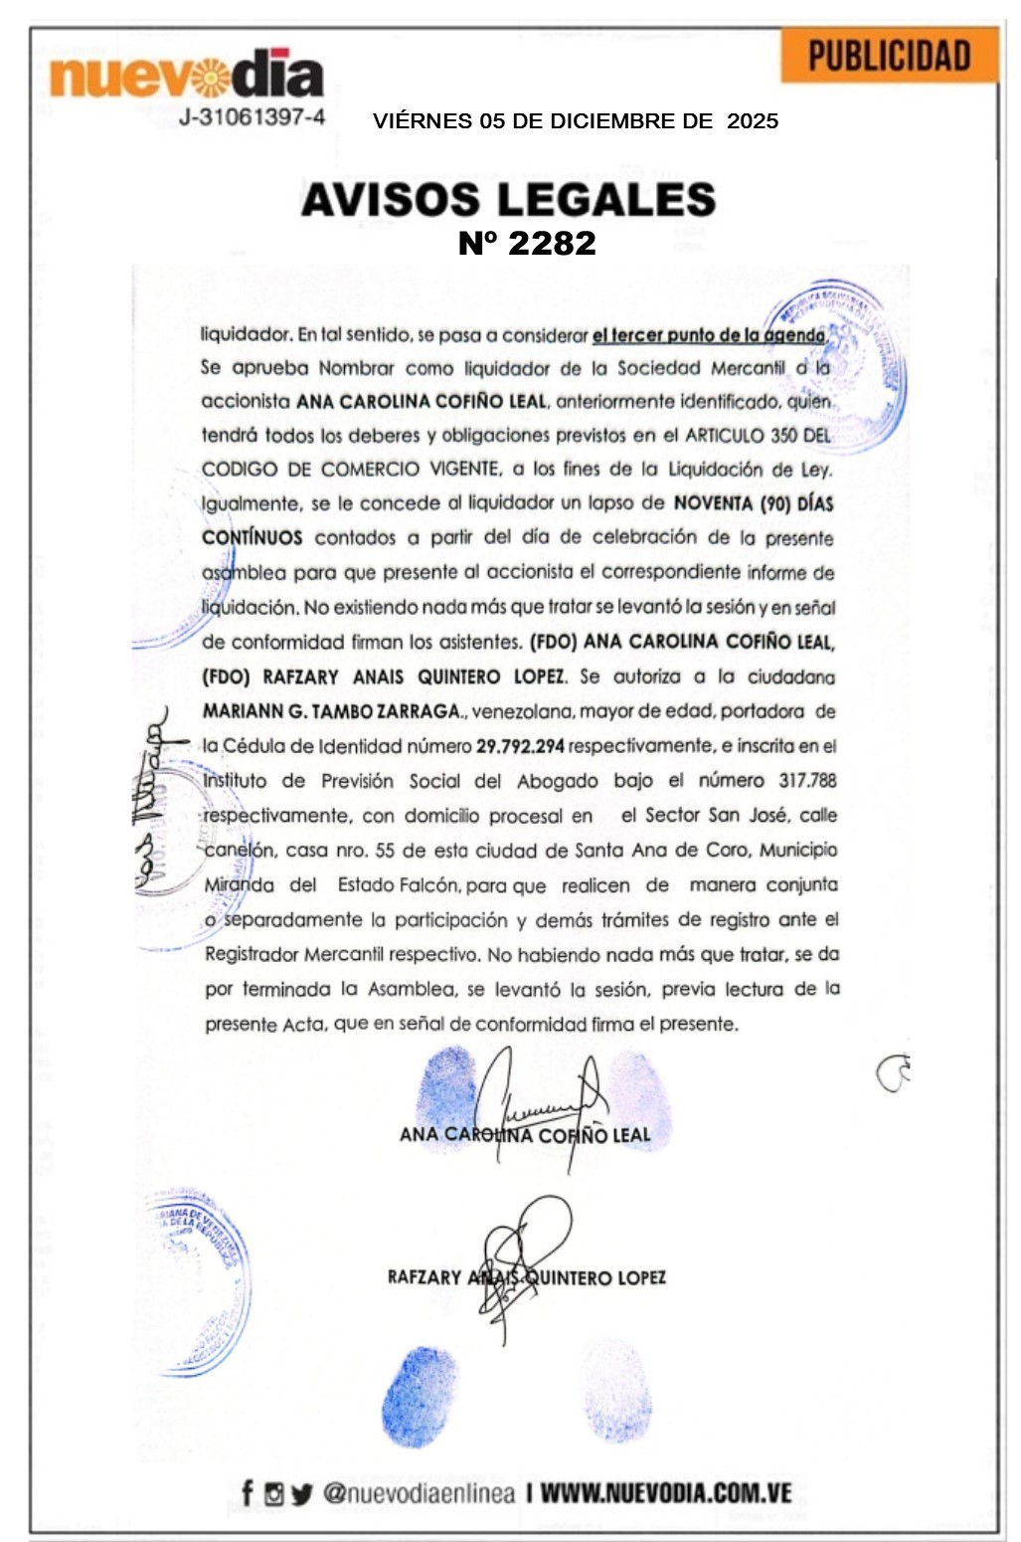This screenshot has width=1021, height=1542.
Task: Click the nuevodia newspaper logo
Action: (x=186, y=74)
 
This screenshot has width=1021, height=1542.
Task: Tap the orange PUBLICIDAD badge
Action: (x=888, y=57)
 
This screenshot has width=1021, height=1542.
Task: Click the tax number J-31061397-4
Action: (x=252, y=117)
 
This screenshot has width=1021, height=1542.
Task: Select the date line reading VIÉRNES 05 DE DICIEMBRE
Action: (x=575, y=121)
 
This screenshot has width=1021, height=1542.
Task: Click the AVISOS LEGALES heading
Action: (x=508, y=199)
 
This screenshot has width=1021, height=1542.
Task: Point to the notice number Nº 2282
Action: (x=527, y=243)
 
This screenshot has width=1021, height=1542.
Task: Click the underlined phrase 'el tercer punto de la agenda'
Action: (x=708, y=335)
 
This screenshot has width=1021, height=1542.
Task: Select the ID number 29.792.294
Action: (x=520, y=746)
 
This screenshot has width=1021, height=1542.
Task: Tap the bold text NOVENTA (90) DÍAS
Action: (x=754, y=503)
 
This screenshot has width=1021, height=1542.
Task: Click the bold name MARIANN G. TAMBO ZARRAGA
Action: (x=332, y=711)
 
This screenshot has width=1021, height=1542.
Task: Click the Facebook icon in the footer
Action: (x=248, y=1493)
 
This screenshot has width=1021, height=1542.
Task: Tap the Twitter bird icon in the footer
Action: (x=301, y=1494)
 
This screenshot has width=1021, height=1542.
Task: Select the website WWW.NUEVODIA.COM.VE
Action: (x=666, y=1493)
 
